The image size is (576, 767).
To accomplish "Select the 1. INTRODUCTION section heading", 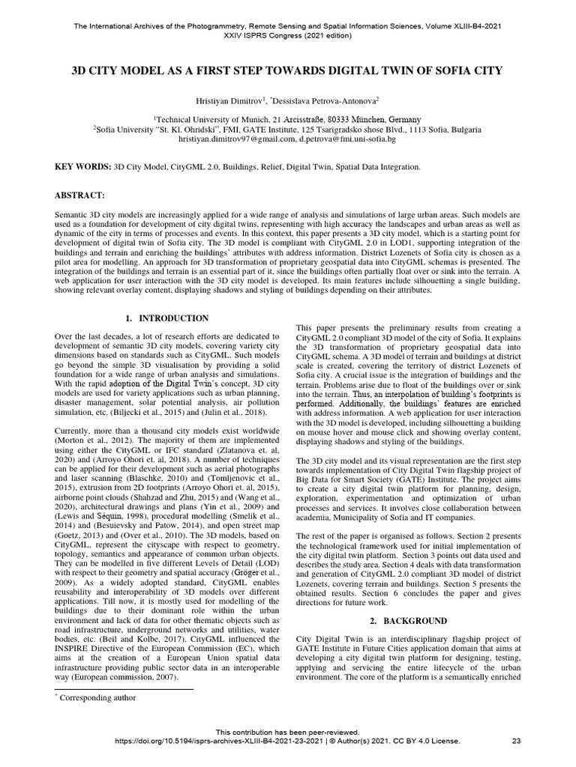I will point(166,318).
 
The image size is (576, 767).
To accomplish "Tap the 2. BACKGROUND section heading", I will point(410,621).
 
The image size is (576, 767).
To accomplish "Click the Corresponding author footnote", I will point(98,698).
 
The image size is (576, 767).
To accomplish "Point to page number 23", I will point(516,741).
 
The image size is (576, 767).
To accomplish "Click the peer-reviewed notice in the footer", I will point(287,731).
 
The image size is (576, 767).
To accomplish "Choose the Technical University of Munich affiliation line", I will point(287,119).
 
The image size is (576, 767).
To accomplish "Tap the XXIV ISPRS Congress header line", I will point(287,35).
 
